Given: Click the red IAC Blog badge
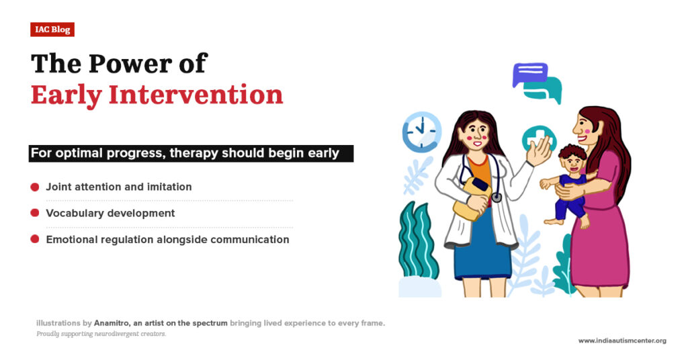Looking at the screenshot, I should tap(52, 30).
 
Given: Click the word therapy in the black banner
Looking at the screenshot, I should tap(193, 153).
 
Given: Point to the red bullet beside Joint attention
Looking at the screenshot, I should tap(35, 187).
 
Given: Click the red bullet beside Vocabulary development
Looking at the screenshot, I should tap(35, 213).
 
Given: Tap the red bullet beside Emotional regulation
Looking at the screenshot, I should tap(35, 239).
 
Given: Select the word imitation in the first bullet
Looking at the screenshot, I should tap(167, 187).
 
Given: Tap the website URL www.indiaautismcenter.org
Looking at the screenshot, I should tap(622, 341).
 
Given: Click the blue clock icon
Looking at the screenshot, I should tap(422, 132).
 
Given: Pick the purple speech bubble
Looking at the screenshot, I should tap(529, 74).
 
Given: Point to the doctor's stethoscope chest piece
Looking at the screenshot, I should tap(497, 197).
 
